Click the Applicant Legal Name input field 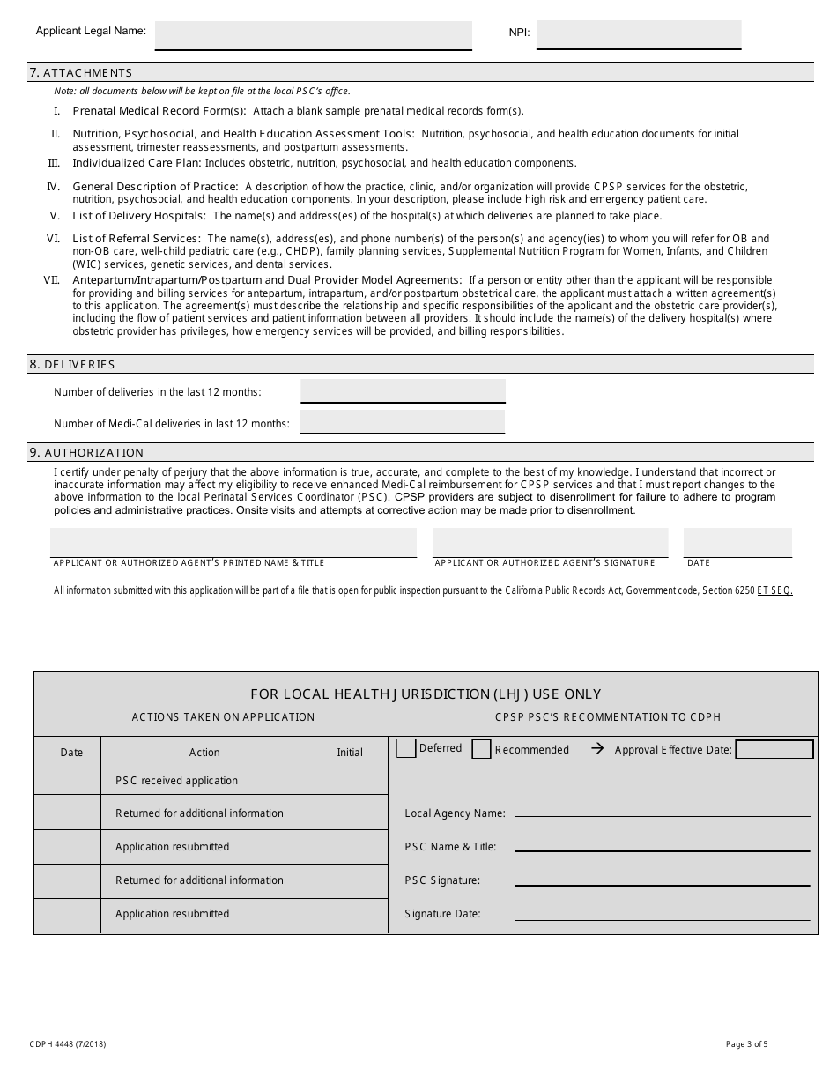pyautogui.click(x=314, y=35)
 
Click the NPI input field pyautogui.click(x=638, y=34)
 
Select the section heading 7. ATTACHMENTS pyautogui.click(x=81, y=72)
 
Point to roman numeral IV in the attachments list pyautogui.click(x=53, y=187)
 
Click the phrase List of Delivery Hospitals pyautogui.click(x=139, y=216)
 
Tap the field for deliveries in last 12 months pyautogui.click(x=403, y=390)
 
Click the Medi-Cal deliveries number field pyautogui.click(x=403, y=422)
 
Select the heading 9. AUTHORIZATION pyautogui.click(x=86, y=452)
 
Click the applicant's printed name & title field pyautogui.click(x=233, y=542)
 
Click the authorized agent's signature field pyautogui.click(x=550, y=542)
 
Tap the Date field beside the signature pyautogui.click(x=737, y=542)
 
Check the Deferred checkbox pyautogui.click(x=406, y=748)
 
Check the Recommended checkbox pyautogui.click(x=481, y=749)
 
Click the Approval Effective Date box pyautogui.click(x=774, y=749)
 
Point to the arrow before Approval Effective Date pyautogui.click(x=597, y=749)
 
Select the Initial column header pyautogui.click(x=350, y=752)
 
